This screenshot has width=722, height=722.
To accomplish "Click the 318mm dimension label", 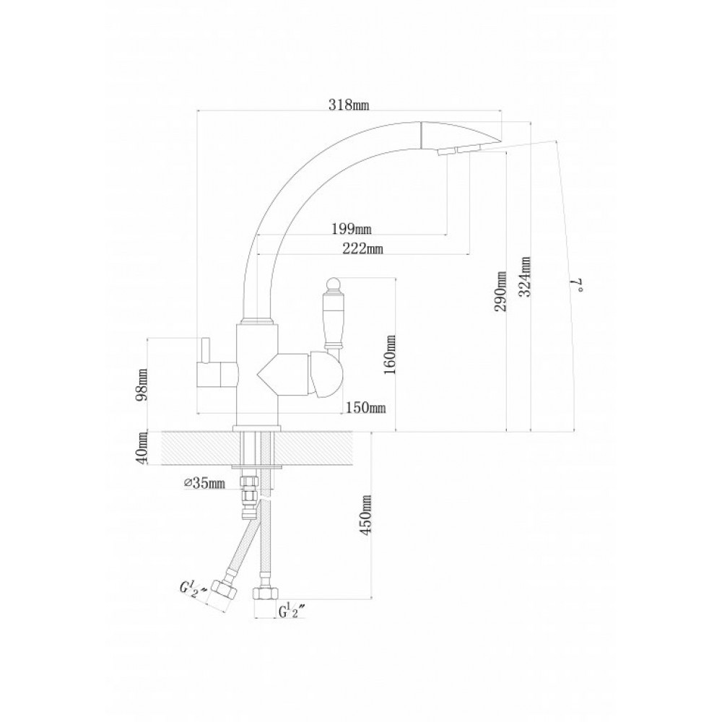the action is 349,105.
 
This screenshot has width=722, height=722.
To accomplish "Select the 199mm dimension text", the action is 352,228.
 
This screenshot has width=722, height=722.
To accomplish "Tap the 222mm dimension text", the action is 362,248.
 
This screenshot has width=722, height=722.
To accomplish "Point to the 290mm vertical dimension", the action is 501,291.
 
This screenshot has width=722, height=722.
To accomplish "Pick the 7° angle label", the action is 578,285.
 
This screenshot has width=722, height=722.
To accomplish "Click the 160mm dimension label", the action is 390,355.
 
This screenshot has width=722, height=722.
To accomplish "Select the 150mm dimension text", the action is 365,407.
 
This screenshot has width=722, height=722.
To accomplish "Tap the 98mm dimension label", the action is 142,385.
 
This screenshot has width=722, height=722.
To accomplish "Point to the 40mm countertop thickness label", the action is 142,448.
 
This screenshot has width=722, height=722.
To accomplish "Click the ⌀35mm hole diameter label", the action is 204,483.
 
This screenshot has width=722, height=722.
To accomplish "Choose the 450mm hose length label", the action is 367,515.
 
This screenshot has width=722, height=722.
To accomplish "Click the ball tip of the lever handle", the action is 331,284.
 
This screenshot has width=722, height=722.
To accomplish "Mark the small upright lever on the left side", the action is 204,350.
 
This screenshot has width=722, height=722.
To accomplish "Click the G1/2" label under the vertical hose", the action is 292,612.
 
